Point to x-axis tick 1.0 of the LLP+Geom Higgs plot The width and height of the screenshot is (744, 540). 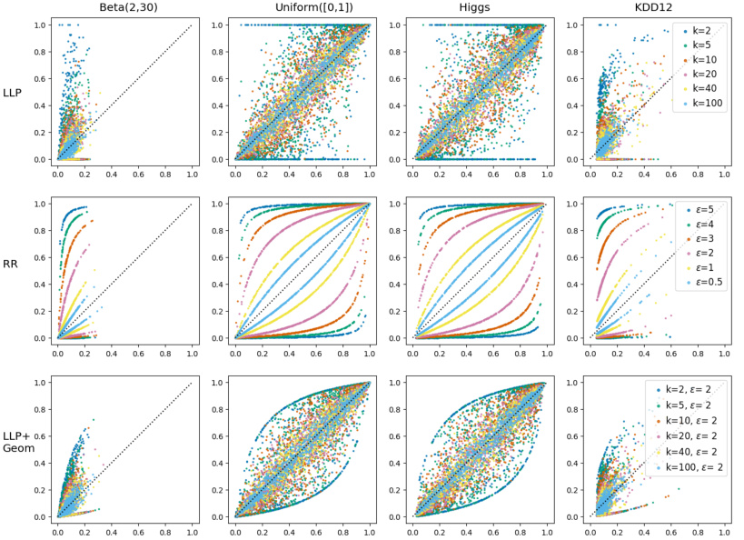[x=543, y=529]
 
